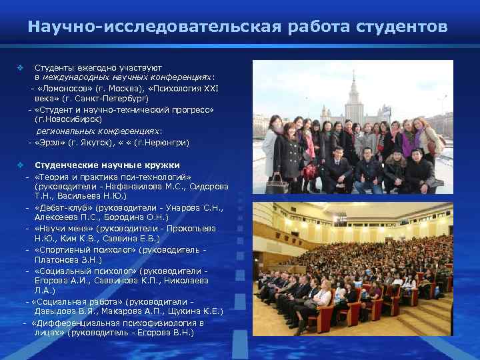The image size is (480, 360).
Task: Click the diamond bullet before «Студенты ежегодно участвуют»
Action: point(20,68)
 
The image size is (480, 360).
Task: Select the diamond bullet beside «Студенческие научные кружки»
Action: point(20,165)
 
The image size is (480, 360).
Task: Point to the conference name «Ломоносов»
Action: point(65,88)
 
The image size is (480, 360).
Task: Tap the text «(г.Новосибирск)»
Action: point(69,118)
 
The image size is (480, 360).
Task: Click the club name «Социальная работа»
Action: point(81,301)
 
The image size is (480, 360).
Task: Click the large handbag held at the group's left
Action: point(276,183)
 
